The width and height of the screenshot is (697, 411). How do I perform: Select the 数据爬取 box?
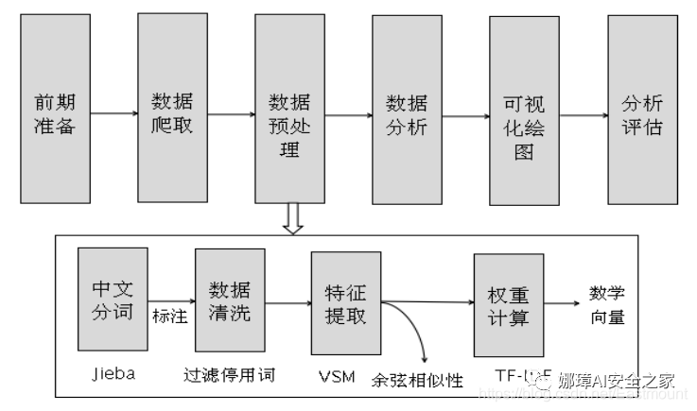[171, 111]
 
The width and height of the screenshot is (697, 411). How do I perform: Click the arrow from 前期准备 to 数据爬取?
[112, 114]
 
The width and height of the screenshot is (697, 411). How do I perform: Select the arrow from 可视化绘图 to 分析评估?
[583, 115]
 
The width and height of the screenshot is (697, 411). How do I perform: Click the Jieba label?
[112, 372]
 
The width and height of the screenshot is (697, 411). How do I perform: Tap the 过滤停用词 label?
[229, 374]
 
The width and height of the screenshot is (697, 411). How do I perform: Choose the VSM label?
[338, 376]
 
